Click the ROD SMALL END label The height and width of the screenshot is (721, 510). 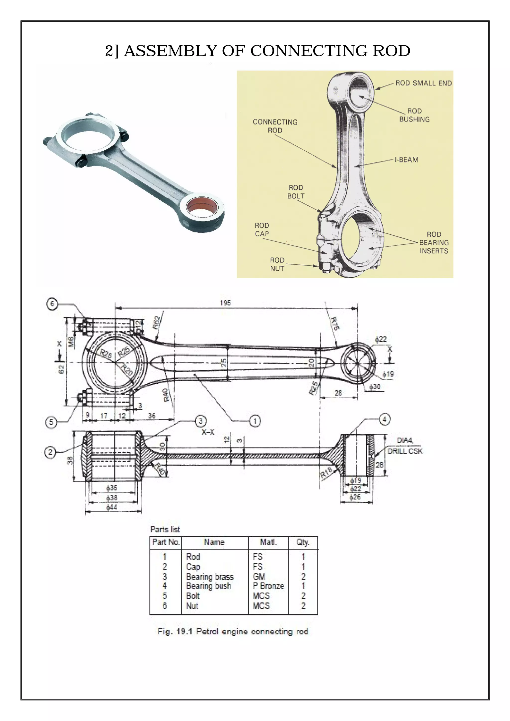[423, 83]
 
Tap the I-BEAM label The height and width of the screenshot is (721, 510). [406, 160]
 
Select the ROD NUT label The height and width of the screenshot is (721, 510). [277, 264]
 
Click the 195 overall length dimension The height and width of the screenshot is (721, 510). [225, 303]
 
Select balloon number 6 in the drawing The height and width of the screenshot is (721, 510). [52, 304]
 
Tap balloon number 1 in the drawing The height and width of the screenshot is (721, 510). [255, 421]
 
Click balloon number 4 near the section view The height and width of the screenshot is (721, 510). [385, 419]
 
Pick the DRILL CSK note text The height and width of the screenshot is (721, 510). [405, 451]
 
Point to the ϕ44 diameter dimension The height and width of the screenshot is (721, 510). [112, 507]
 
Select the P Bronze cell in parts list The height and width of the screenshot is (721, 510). [268, 586]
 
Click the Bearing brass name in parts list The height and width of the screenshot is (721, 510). [210, 577]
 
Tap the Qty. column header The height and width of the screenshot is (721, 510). [303, 542]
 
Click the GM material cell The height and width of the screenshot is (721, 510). [259, 577]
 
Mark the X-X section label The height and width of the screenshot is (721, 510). [208, 432]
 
